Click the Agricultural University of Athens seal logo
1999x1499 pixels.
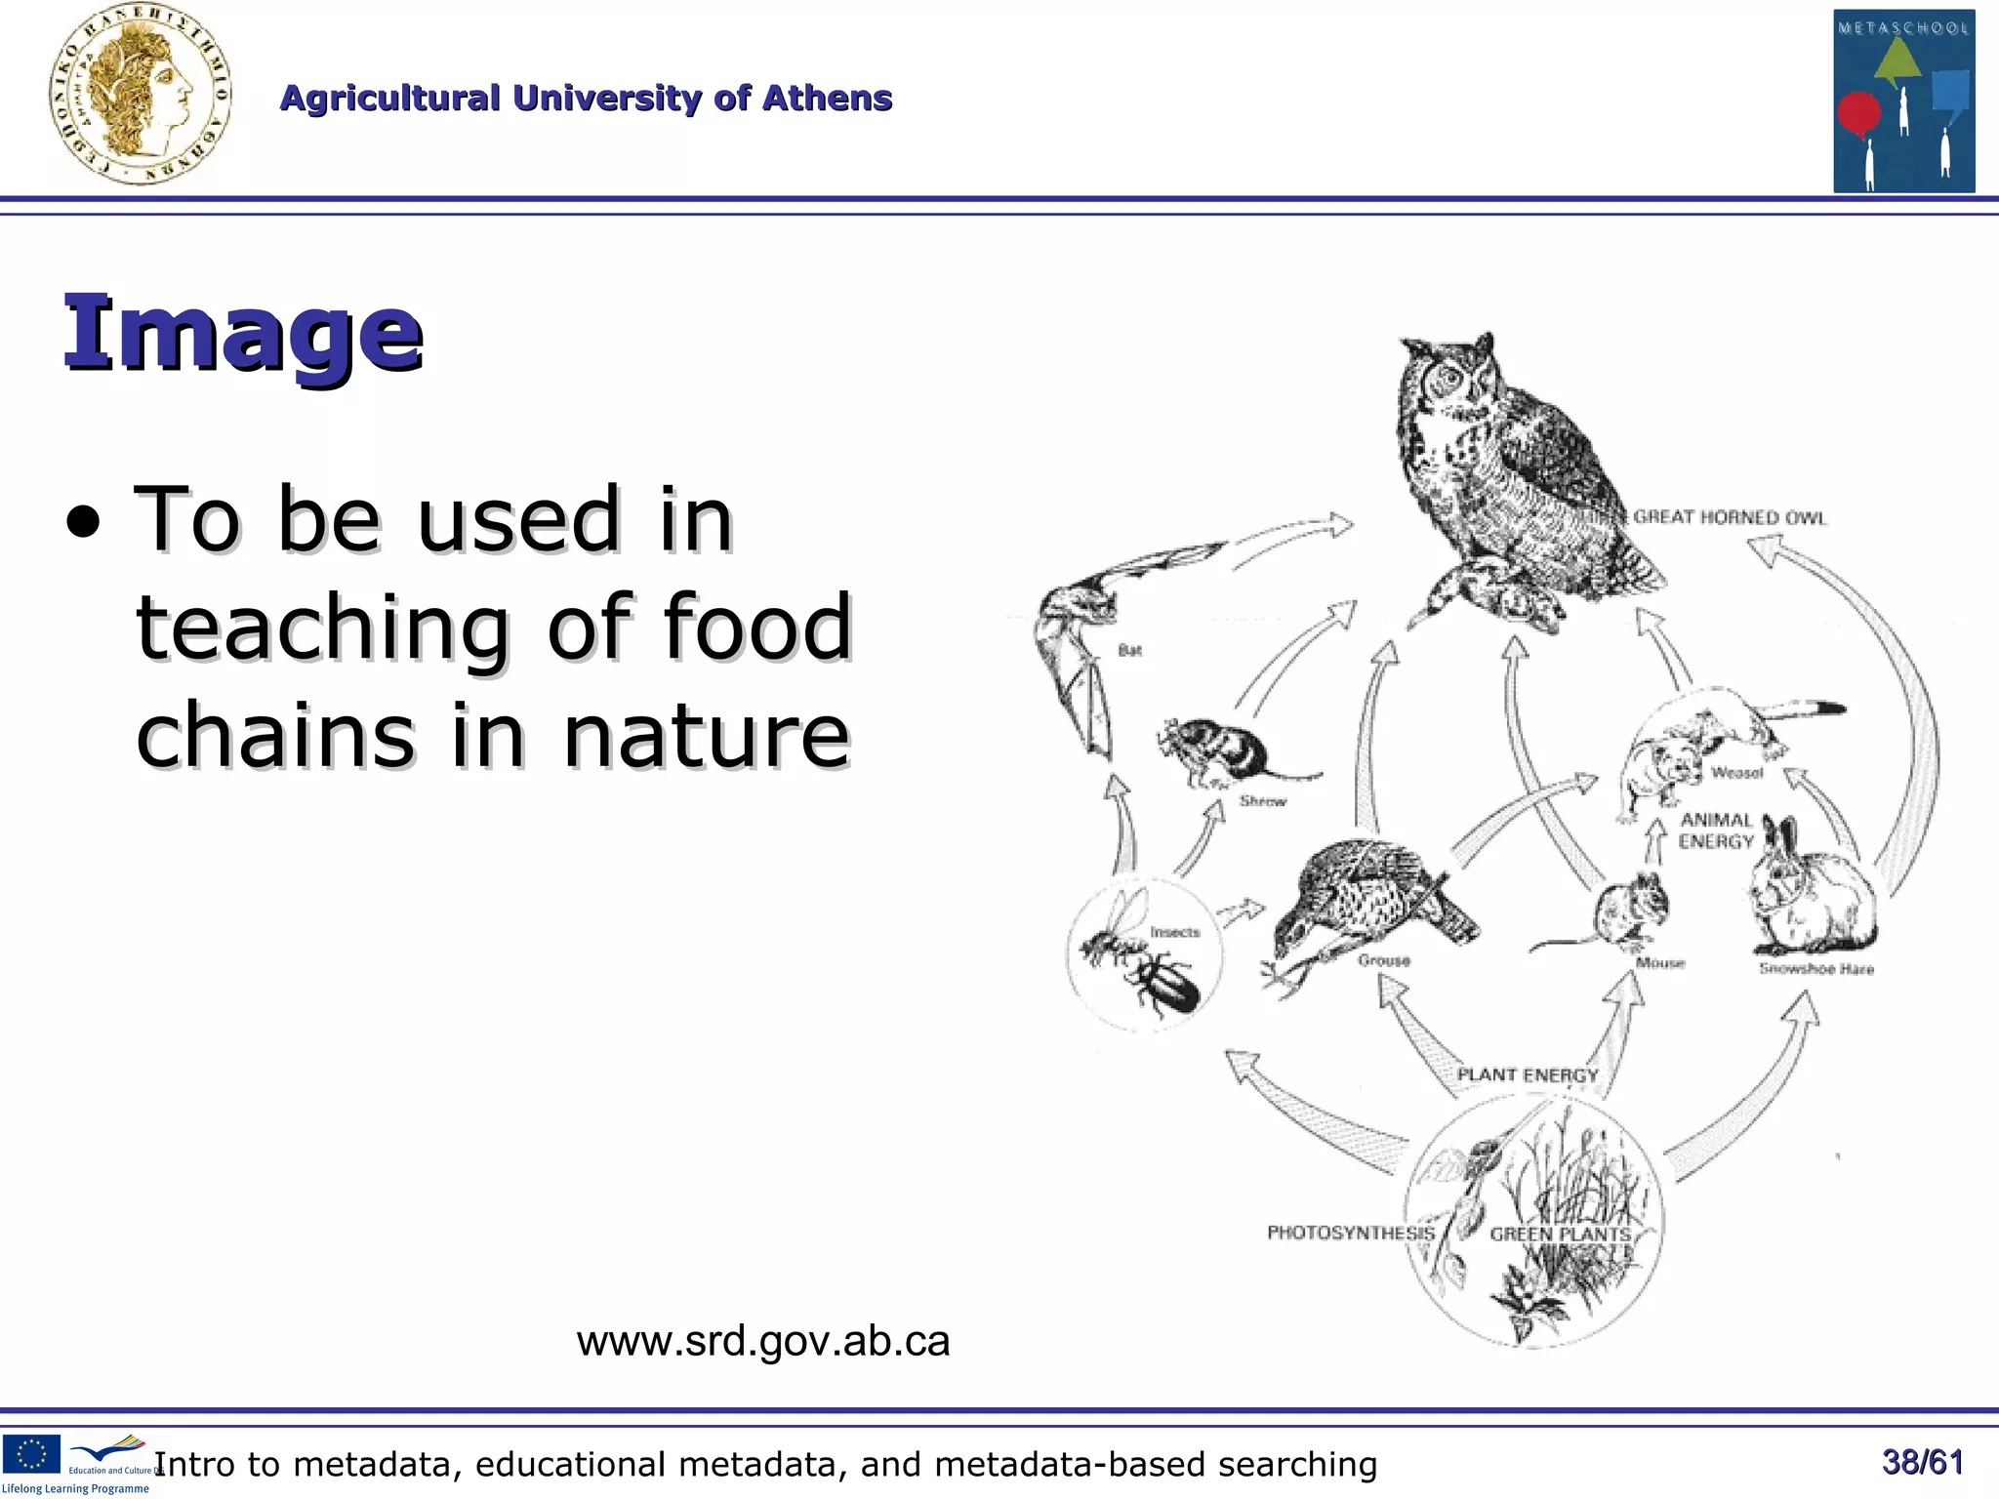141,96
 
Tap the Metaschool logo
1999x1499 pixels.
1903,101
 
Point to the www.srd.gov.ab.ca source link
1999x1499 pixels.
762,1341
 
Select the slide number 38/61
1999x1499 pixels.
1922,1462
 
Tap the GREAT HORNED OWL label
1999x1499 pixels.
1729,517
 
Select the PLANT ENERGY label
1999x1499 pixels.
1528,1074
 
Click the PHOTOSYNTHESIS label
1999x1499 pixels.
1350,1233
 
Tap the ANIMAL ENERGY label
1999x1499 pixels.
1716,831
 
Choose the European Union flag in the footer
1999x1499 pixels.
31,1453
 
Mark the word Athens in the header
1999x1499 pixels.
827,99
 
